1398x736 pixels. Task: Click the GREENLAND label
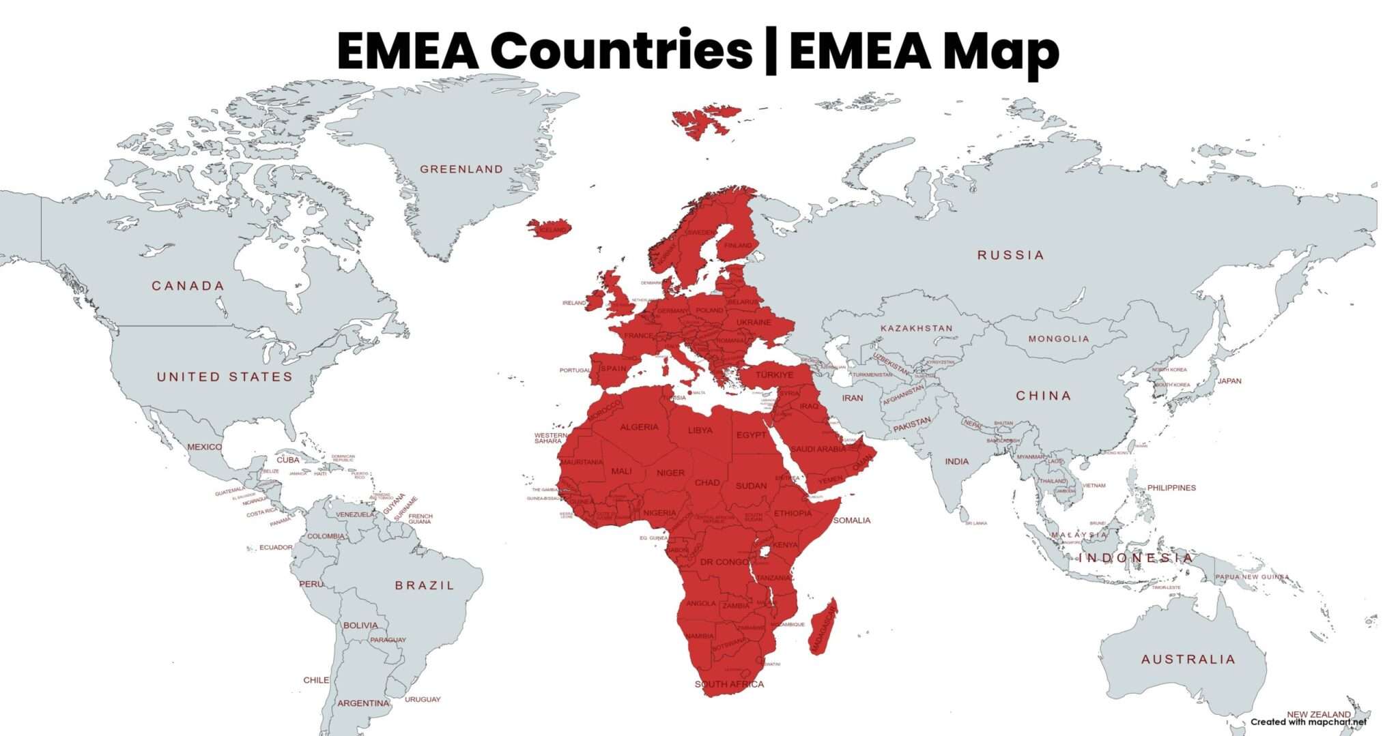point(461,169)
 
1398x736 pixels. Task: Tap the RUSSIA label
point(1010,255)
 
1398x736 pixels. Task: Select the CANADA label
point(188,286)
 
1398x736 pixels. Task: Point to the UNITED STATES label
point(225,377)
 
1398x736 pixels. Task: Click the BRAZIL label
point(424,585)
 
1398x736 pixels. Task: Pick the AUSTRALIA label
point(1188,660)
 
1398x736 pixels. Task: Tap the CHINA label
point(1043,396)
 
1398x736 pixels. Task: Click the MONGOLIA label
point(1059,339)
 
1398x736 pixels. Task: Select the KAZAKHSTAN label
point(916,328)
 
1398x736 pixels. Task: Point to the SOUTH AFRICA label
point(729,684)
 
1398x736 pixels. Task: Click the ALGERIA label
point(639,427)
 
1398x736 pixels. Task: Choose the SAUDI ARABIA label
point(818,449)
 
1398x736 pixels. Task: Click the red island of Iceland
point(548,228)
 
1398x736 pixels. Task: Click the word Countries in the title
point(621,50)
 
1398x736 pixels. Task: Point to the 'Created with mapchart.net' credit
point(1309,722)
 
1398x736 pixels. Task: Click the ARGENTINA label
point(363,703)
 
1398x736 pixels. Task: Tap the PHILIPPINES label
point(1171,488)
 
